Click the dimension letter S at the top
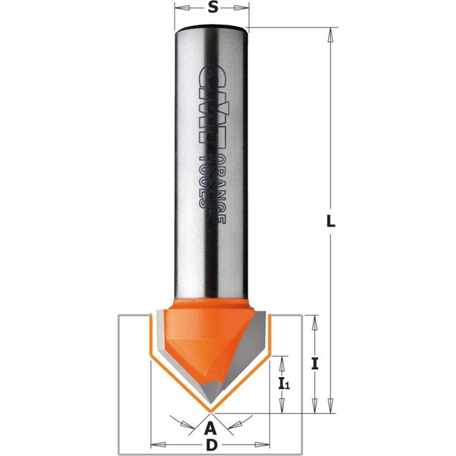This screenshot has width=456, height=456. [x=212, y=9]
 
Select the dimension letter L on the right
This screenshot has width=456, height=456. [x=331, y=221]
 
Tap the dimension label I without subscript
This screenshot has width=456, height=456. [x=315, y=365]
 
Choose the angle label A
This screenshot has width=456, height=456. [x=210, y=428]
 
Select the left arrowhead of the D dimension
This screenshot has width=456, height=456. [x=154, y=446]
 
